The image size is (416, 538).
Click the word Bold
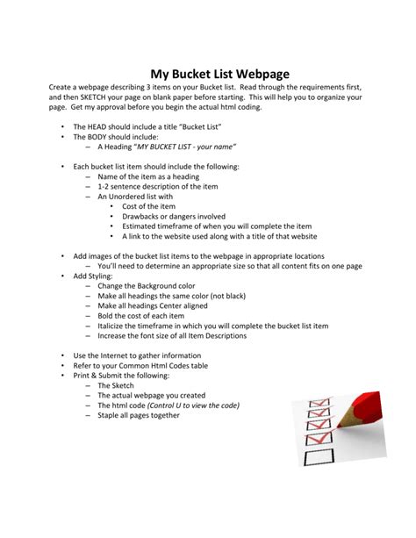point(107,316)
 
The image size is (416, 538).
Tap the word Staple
point(111,415)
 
